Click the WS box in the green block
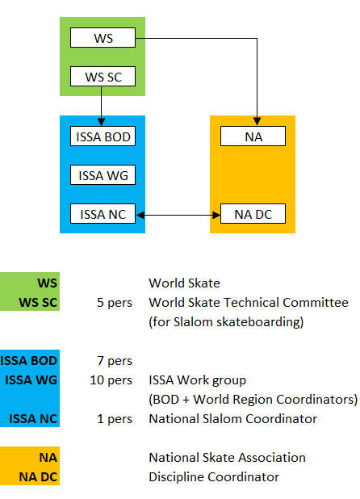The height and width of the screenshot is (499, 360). point(103,38)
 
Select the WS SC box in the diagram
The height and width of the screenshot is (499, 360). point(103,77)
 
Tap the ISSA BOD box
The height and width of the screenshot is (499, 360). point(103,136)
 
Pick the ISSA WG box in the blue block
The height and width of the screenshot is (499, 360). point(103,174)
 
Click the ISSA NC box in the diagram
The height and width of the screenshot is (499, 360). point(103,213)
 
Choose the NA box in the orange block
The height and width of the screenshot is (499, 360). point(253,136)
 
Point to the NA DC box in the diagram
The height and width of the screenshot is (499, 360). point(253,213)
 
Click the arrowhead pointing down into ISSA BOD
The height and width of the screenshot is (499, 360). point(101,122)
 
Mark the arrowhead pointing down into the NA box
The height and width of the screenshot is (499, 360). point(257,122)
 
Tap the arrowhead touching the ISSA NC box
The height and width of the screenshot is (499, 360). point(140,216)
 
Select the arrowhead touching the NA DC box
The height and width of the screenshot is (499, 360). point(216,216)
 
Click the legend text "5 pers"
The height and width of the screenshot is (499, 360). point(115,303)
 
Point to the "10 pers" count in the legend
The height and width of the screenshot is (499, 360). point(111,380)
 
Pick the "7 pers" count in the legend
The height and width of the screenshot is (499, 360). point(115,361)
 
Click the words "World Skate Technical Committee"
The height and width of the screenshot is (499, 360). point(249,303)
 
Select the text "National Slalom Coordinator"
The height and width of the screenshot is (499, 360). point(232,419)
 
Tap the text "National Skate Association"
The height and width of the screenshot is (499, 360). point(227,458)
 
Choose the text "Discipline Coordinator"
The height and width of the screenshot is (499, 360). point(214,477)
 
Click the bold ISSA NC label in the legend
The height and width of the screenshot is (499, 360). point(33,419)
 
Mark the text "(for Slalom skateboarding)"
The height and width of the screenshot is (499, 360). point(226,322)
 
